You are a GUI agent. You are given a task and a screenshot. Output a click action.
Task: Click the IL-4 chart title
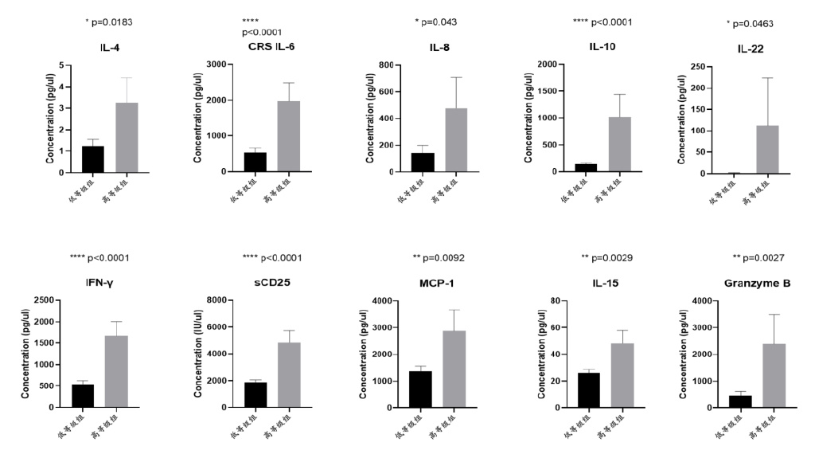point(111,48)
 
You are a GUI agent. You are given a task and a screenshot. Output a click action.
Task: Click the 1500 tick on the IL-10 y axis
point(547,91)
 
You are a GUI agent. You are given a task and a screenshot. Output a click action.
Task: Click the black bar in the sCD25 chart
point(255,394)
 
